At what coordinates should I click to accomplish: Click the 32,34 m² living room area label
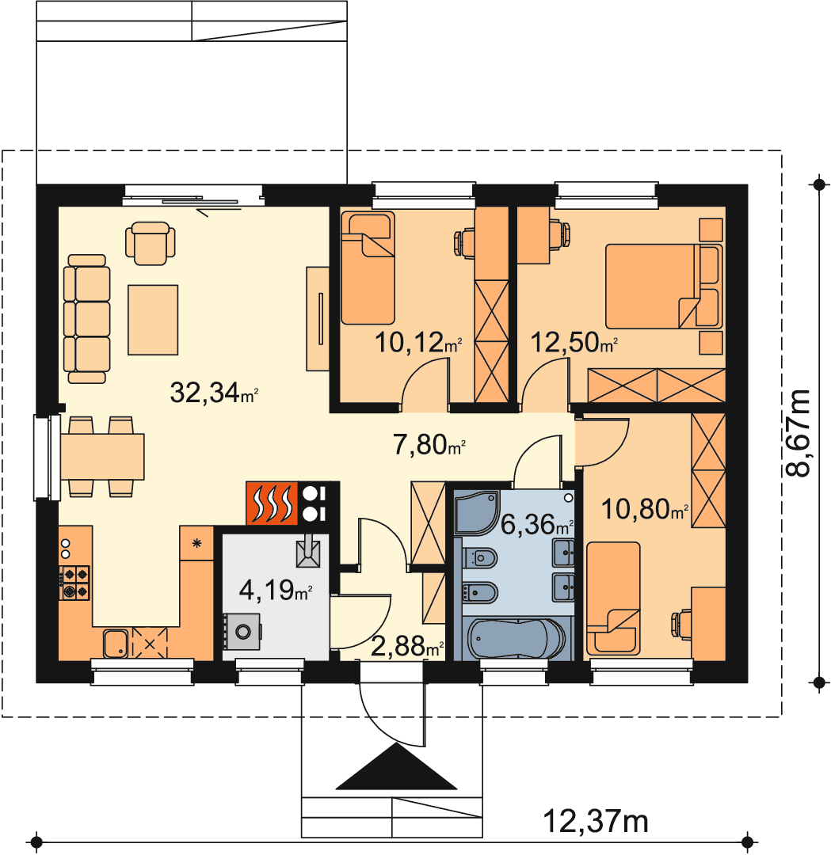click(x=213, y=393)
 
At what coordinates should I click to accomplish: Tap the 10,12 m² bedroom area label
click(x=418, y=343)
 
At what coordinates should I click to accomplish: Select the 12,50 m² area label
click(x=574, y=343)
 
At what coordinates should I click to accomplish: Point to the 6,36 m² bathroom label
click(x=537, y=525)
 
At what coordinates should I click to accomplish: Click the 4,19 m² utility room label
click(x=276, y=590)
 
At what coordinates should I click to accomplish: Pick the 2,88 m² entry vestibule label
click(x=407, y=647)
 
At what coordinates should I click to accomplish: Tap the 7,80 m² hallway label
click(x=429, y=445)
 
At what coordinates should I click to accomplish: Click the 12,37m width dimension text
click(x=596, y=821)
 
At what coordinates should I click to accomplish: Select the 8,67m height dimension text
click(x=799, y=433)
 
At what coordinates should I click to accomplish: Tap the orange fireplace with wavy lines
click(x=271, y=503)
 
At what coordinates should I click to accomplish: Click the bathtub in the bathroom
click(x=517, y=639)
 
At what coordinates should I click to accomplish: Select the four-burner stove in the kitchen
click(x=74, y=583)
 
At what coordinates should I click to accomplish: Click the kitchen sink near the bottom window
click(x=116, y=644)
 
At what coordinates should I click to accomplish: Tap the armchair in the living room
click(x=151, y=243)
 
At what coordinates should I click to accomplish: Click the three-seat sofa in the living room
click(x=87, y=318)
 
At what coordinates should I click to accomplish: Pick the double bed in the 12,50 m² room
click(x=664, y=287)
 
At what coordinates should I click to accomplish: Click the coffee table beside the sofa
click(x=153, y=320)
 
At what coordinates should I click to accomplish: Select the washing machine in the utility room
click(x=242, y=632)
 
